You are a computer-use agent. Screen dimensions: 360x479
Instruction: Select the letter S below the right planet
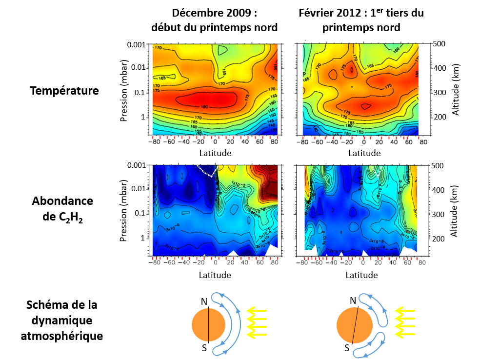[x=346, y=348]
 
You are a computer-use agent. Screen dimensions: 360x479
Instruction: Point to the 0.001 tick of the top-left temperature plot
[x=135, y=45]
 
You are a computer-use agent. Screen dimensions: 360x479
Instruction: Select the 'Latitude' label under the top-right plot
[x=361, y=153]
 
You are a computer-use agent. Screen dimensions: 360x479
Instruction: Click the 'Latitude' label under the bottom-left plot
[x=215, y=275]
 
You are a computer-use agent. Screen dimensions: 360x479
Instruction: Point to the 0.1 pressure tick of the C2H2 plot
[x=139, y=213]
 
